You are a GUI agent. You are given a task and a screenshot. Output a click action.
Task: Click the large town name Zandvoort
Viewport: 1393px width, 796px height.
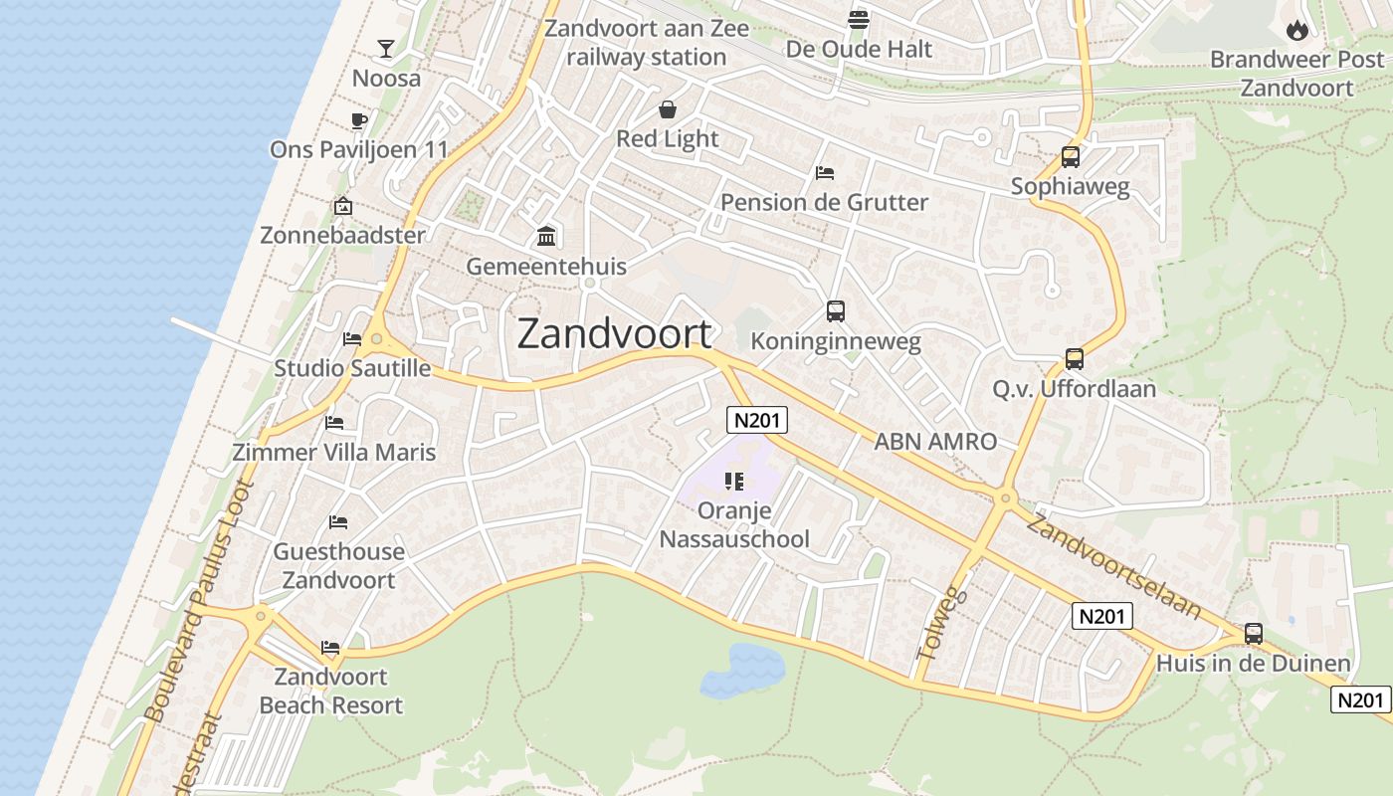coord(615,333)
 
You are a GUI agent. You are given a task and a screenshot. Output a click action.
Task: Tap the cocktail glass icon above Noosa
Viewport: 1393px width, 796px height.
coord(386,48)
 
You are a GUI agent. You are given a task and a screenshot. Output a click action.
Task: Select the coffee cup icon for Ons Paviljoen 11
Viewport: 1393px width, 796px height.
coord(359,121)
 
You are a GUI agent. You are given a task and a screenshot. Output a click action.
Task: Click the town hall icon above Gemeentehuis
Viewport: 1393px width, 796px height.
coord(546,237)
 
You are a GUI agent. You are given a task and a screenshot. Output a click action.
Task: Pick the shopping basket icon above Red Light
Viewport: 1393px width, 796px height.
coord(667,108)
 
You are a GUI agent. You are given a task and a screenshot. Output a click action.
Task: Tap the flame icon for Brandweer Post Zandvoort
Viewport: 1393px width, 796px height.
coord(1296,30)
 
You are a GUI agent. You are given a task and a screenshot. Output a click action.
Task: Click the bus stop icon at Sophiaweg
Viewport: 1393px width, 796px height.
coord(1071,156)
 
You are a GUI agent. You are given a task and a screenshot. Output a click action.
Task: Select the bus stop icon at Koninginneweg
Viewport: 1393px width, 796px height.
coord(836,311)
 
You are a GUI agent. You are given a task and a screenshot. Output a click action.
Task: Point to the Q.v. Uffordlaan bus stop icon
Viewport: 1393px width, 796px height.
coord(1075,358)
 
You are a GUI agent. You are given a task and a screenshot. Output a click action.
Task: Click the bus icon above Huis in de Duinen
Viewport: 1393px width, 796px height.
coord(1254,633)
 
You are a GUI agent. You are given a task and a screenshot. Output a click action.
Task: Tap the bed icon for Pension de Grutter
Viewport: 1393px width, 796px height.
coord(824,173)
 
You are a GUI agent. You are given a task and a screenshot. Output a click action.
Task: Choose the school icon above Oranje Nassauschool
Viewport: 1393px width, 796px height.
coord(734,483)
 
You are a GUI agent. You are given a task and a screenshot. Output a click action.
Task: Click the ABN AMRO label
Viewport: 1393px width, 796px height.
coord(935,442)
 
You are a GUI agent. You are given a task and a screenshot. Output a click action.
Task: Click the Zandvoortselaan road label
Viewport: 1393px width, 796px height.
coord(1113,566)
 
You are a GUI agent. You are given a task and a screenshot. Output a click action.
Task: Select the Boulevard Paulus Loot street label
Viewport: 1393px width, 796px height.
coord(199,601)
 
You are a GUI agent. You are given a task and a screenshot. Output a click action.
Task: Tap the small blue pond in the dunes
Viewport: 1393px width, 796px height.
coord(741,667)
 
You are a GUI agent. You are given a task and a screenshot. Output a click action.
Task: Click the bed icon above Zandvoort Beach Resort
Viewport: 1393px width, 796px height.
coord(330,648)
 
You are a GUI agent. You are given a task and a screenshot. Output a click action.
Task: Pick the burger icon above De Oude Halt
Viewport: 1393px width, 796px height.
coord(859,19)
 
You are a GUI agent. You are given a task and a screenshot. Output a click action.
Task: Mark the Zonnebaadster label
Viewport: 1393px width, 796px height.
coord(342,236)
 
